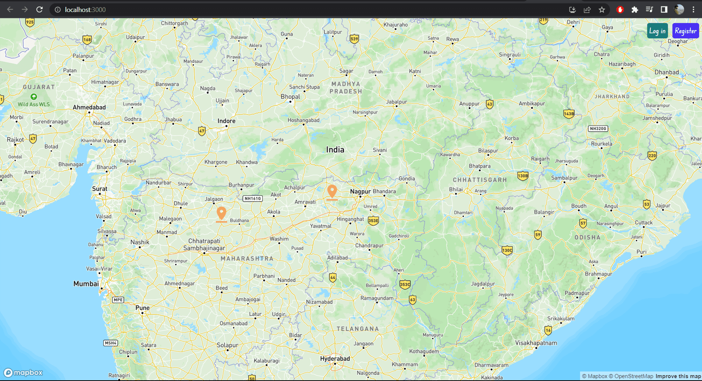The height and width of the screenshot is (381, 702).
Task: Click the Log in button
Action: tap(657, 31)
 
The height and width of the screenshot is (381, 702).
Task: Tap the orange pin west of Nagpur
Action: tap(332, 191)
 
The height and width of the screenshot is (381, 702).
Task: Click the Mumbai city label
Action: tap(86, 284)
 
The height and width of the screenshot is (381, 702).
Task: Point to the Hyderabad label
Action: tap(335, 359)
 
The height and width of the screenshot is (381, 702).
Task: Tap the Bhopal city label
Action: tap(290, 97)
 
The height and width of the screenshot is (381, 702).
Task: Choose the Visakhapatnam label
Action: tap(536, 343)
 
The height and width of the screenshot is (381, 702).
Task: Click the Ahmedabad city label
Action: tap(89, 107)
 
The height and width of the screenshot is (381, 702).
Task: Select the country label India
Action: tap(335, 150)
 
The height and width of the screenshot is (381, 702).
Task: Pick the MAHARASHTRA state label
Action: tap(247, 259)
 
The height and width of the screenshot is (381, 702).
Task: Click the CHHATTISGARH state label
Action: tap(480, 180)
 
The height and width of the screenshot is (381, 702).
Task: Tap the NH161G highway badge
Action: tap(252, 198)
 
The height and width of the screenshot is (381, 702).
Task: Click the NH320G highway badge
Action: tap(598, 129)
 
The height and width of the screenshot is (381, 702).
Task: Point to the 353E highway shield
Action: tap(373, 221)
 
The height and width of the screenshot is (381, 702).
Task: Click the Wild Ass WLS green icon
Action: tap(34, 97)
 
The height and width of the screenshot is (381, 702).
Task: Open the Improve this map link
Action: tap(678, 376)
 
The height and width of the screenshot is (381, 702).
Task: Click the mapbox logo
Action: tap(23, 372)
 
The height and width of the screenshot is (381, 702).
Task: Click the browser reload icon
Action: tap(40, 10)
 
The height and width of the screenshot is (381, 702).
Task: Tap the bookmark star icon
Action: tap(601, 10)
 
